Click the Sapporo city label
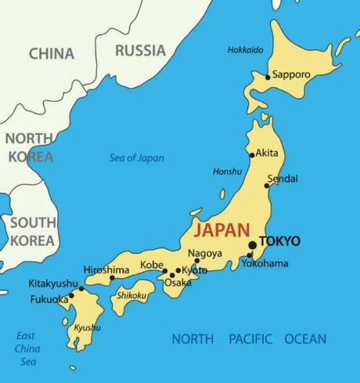click(x=292, y=75)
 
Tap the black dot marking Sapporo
click(x=268, y=77)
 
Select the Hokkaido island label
click(x=245, y=50)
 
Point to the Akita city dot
click(x=252, y=155)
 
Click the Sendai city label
click(x=283, y=179)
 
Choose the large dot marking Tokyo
click(x=252, y=245)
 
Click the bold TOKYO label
click(x=279, y=240)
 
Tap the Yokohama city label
click(x=265, y=263)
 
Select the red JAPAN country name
click(x=221, y=230)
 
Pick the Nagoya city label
click(x=205, y=253)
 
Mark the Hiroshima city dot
click(x=112, y=278)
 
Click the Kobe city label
click(x=151, y=265)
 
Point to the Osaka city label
click(x=178, y=283)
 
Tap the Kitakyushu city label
click(x=53, y=283)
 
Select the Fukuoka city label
click(x=49, y=299)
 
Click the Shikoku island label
click(x=131, y=295)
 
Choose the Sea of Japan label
click(x=136, y=158)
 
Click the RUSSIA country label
click(x=141, y=51)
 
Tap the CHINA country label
click(x=52, y=54)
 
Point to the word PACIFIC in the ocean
click(x=250, y=339)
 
